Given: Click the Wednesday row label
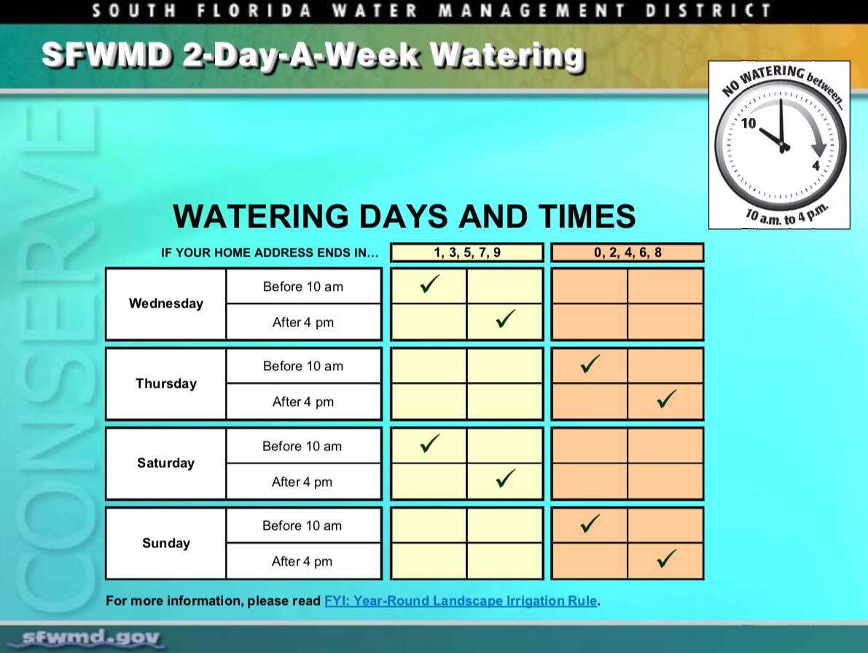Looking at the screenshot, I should coord(166,303).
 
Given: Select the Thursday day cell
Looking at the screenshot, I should coord(166,383).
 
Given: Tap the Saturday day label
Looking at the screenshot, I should coord(166,463).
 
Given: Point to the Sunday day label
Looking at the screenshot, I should coord(166,543).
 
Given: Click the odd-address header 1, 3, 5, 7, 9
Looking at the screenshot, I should coord(467,253).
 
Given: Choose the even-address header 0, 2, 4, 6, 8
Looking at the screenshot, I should coord(627,253).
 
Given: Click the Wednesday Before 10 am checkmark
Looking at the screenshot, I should coord(430,284).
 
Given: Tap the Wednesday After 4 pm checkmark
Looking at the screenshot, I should coord(505,318).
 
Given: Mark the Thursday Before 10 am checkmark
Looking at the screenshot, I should coord(590,364).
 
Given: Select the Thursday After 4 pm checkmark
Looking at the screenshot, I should coord(665,399).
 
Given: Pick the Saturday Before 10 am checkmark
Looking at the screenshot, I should coord(430,443).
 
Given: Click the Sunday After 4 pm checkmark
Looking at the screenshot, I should coord(665,559).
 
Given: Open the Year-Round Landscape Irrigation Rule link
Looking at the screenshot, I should coord(461,601).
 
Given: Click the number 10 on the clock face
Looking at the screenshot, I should coord(749,123).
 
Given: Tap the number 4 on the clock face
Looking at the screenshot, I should coord(816,165).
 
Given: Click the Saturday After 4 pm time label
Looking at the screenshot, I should coord(302,482).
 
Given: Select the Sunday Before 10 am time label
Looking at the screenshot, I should coord(302,525).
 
